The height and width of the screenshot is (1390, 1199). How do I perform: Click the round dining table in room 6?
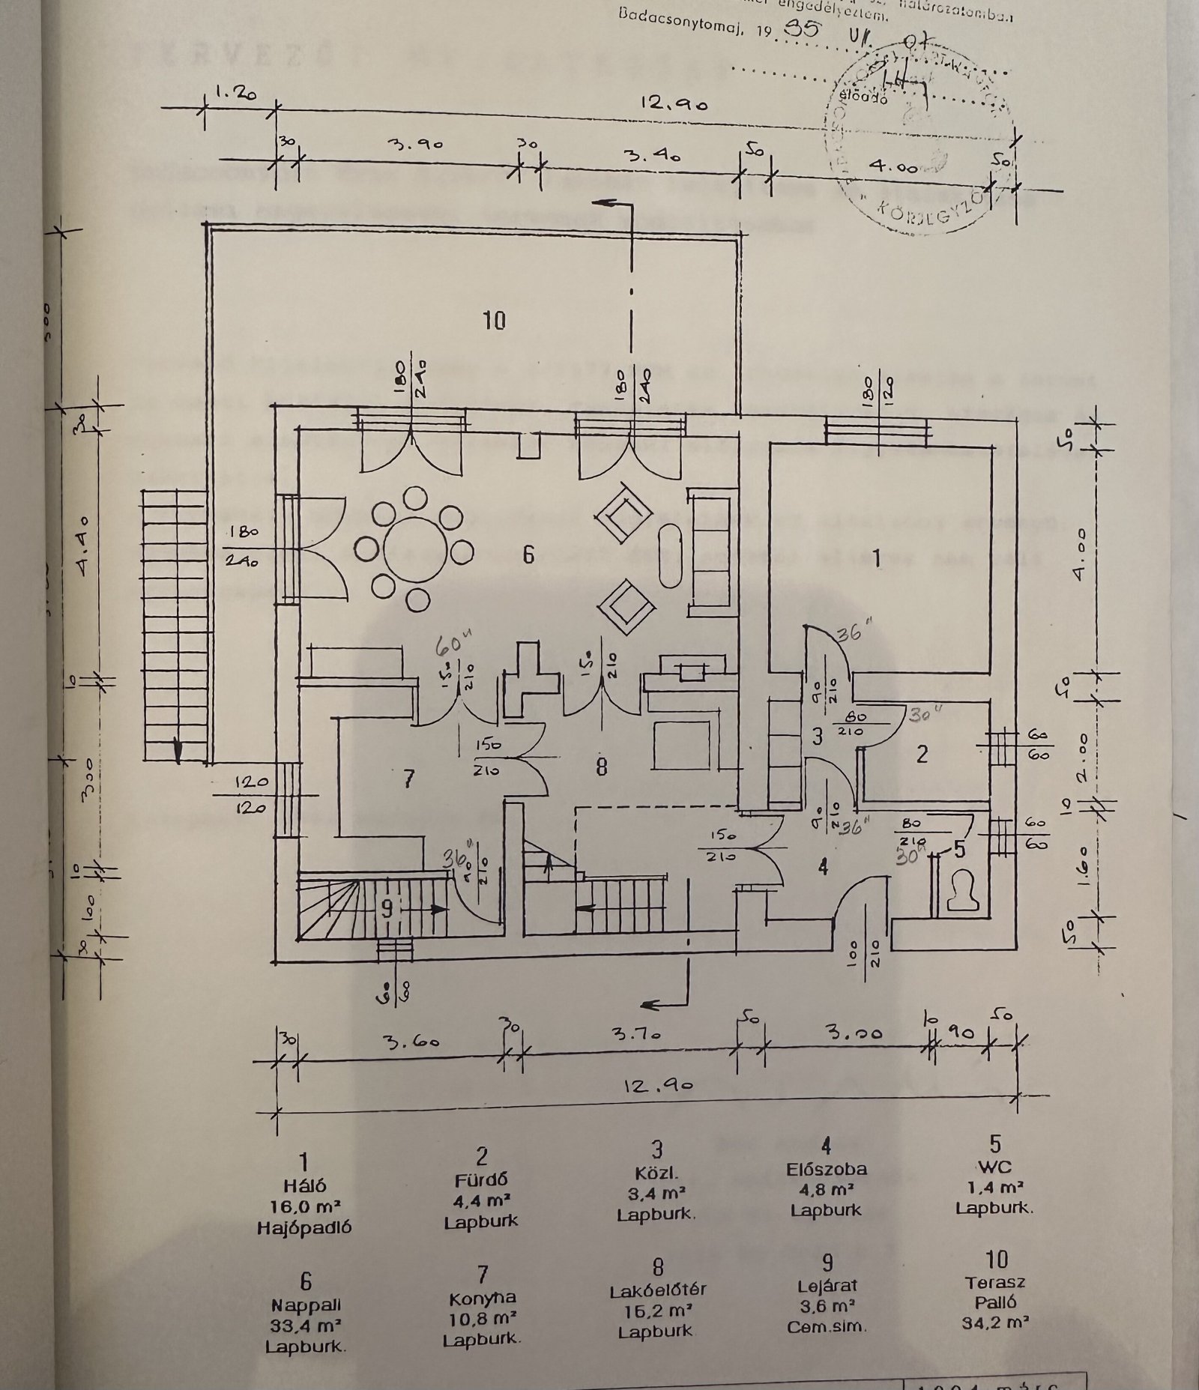click(414, 549)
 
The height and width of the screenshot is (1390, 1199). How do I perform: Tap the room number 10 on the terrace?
click(495, 321)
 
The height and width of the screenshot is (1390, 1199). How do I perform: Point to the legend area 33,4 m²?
click(305, 1325)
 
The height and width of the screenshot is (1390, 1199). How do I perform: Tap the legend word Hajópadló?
click(303, 1227)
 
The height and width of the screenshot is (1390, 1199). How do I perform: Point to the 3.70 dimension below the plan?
click(636, 1035)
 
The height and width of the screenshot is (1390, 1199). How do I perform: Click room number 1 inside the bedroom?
click(878, 558)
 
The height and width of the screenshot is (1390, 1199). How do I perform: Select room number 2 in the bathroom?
click(922, 753)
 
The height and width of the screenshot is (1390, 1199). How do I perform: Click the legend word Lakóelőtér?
click(657, 1290)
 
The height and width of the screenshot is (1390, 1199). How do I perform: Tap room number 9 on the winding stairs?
click(387, 909)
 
